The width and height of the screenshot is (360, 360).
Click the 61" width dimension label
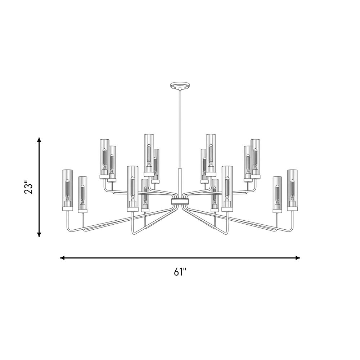coord(180,272)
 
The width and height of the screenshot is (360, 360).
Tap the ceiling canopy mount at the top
coord(180,85)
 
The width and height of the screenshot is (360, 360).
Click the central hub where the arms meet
coord(180,202)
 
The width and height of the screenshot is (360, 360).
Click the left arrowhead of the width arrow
coord(62,258)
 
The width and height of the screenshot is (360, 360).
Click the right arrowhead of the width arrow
coord(298,258)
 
